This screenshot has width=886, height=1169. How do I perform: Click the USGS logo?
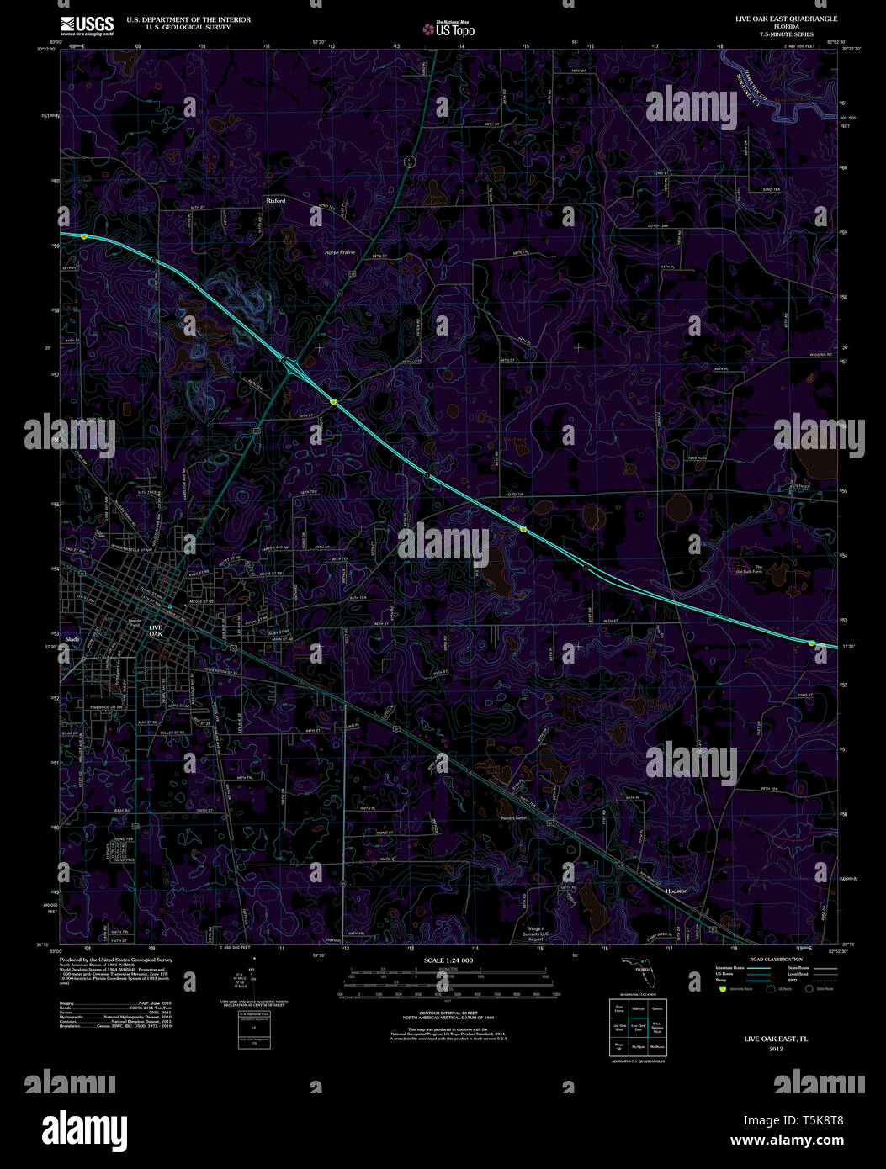[x=86, y=25]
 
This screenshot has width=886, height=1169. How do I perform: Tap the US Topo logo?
[x=449, y=29]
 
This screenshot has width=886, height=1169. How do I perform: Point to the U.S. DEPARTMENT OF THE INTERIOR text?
[x=188, y=19]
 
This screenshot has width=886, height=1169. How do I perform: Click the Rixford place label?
[x=276, y=201]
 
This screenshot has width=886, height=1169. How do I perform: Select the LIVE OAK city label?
[x=157, y=630]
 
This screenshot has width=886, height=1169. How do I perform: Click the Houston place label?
[x=676, y=891]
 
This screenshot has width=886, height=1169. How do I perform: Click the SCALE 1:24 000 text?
[x=448, y=960]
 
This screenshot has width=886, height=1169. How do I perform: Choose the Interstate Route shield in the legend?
[x=720, y=991]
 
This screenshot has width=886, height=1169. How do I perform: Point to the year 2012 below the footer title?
[x=775, y=1049]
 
